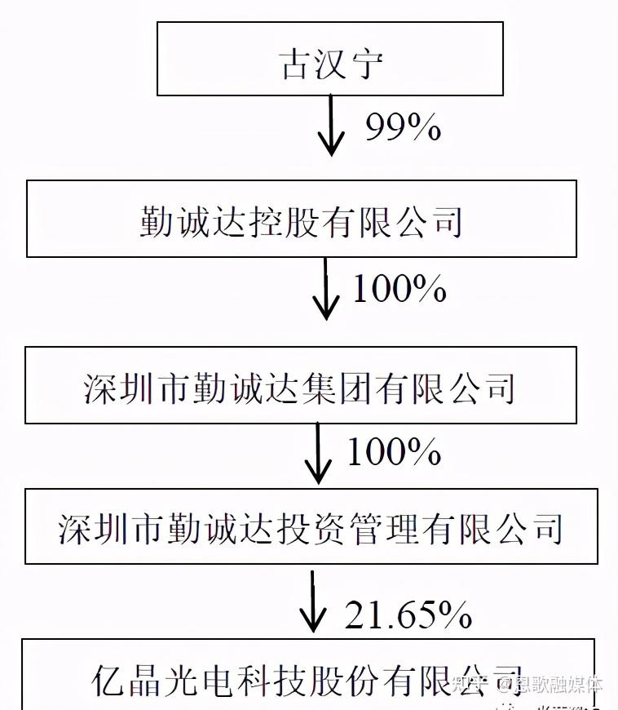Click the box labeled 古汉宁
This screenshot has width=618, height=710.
[329, 59]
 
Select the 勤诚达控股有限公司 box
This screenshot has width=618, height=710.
[302, 219]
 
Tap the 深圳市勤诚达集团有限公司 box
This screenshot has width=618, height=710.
[300, 385]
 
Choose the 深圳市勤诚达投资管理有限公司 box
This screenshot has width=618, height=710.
[311, 526]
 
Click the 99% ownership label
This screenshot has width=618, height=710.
[403, 127]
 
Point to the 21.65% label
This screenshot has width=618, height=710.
[408, 615]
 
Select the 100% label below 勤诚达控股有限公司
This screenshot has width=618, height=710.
[399, 288]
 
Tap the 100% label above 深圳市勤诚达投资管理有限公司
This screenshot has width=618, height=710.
[394, 451]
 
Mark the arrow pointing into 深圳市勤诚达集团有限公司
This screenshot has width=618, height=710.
[325, 289]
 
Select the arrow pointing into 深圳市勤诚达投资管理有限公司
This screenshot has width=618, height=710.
[319, 453]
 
